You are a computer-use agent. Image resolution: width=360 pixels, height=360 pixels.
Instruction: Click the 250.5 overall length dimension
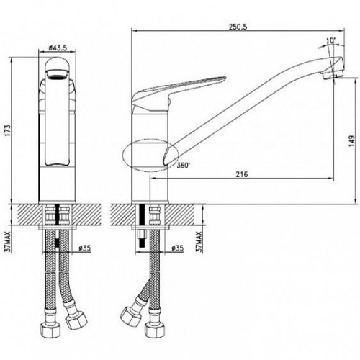238,27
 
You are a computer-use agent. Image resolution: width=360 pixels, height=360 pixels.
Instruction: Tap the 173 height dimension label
8,130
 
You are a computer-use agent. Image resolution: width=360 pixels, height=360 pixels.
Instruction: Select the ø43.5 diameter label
58,48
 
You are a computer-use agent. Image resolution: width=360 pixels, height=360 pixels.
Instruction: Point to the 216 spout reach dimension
242,174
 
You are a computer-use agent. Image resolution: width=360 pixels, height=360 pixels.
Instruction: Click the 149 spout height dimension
352,142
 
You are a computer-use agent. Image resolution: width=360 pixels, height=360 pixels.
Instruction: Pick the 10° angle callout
330,41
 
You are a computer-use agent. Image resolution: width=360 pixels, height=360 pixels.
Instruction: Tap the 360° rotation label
184,166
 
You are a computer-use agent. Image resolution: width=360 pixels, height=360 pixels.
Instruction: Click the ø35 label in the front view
85,248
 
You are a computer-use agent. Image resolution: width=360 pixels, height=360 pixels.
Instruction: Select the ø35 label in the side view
177,248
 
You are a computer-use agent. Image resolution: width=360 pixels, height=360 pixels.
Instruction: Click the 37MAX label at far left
8,243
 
